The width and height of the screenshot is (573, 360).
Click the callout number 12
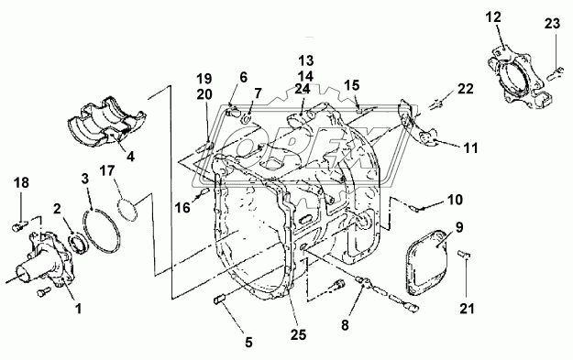[493, 16]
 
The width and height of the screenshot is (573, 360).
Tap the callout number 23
[552, 24]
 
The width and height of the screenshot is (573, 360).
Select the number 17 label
[108, 170]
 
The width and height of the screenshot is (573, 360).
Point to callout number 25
[297, 334]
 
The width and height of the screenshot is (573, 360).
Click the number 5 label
[248, 343]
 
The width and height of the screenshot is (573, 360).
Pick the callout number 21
[467, 309]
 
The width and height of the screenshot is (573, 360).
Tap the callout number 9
[459, 227]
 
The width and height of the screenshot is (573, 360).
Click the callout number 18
[22, 182]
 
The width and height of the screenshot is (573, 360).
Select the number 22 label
[465, 89]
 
